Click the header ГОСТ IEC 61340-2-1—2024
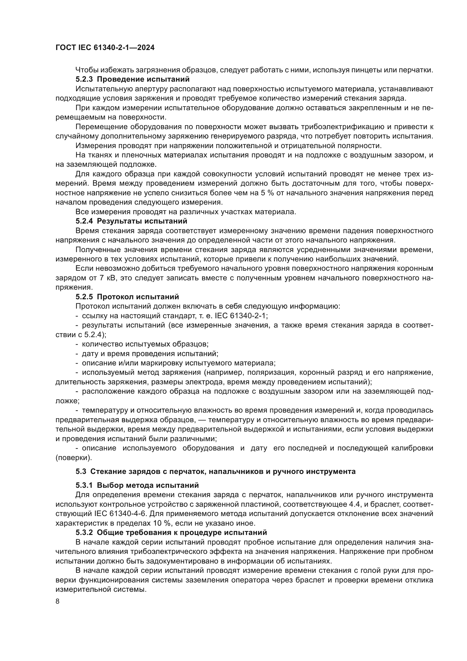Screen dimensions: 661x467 pyautogui.click(x=105, y=47)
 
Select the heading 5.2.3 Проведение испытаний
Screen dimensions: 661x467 pyautogui.click(x=133, y=79)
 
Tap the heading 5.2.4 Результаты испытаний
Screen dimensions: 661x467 pyautogui.click(x=131, y=221)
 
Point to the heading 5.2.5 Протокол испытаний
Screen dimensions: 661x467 pyautogui.click(x=127, y=297)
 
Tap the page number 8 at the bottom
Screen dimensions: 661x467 pyautogui.click(x=58, y=593)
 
